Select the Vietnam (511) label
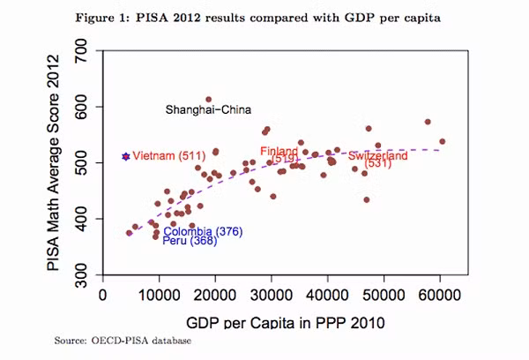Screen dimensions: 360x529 point(168,156)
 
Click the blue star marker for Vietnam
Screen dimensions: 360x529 point(125,156)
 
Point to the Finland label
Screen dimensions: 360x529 point(279,152)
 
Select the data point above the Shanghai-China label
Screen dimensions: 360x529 point(208,100)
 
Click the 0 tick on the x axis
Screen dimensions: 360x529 point(103,295)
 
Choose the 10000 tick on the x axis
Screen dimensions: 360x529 point(160,295)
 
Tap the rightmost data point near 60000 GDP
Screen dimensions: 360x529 point(442,141)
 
